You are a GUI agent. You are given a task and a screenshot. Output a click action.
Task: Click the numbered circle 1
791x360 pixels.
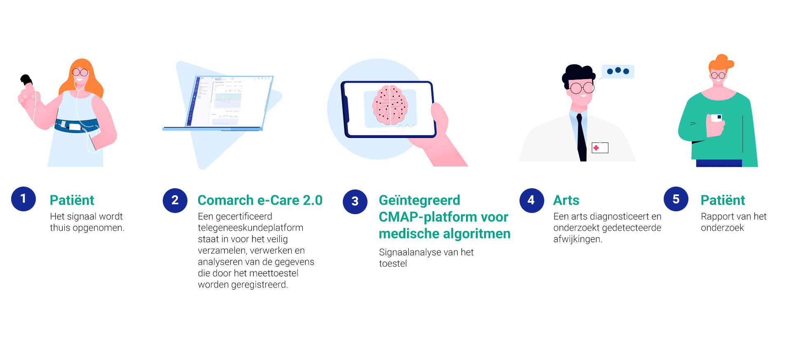(x=23, y=199)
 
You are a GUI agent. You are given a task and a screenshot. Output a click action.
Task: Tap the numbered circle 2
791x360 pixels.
(x=175, y=201)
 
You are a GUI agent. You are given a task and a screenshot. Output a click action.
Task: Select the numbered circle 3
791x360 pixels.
(x=355, y=201)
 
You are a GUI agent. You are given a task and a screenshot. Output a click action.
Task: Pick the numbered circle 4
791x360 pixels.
(x=531, y=201)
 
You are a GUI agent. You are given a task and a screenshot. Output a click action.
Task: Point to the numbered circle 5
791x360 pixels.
(x=676, y=199)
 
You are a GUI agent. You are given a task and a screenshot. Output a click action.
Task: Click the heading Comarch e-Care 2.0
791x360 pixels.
(x=260, y=200)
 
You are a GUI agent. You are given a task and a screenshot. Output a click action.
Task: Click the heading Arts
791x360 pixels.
(x=566, y=200)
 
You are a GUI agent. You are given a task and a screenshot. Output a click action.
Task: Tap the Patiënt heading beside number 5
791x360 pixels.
(x=723, y=200)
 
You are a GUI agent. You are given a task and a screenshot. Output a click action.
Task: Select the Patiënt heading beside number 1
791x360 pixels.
(x=72, y=200)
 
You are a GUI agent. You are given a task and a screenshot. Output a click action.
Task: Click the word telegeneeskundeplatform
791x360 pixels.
(x=250, y=228)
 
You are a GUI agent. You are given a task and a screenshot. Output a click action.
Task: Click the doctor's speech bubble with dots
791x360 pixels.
(x=617, y=72)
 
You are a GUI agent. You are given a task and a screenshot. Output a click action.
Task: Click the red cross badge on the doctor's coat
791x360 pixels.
(x=600, y=147)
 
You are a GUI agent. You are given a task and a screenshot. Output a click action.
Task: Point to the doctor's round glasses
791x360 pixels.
(x=582, y=87)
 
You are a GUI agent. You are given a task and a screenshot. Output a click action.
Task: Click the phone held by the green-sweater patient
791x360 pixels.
(x=717, y=118)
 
